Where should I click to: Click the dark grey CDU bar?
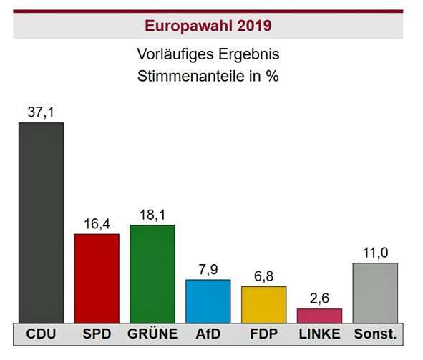[41, 223]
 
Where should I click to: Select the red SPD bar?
[97, 278]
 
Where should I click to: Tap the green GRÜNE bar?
[152, 274]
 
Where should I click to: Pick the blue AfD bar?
[208, 301]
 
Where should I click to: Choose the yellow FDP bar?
[263, 305]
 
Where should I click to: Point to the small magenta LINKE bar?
[319, 316]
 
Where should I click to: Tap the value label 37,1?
[41, 112]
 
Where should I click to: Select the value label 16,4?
[97, 224]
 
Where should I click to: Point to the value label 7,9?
[208, 270]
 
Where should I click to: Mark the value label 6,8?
[263, 276]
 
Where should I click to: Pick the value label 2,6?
[319, 299]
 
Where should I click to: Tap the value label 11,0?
[374, 253]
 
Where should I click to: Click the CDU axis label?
[41, 335]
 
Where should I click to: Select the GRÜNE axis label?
[152, 335]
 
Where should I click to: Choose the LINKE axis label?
[319, 335]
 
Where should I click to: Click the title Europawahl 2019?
[208, 26]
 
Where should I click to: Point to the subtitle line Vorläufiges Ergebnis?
[208, 54]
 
